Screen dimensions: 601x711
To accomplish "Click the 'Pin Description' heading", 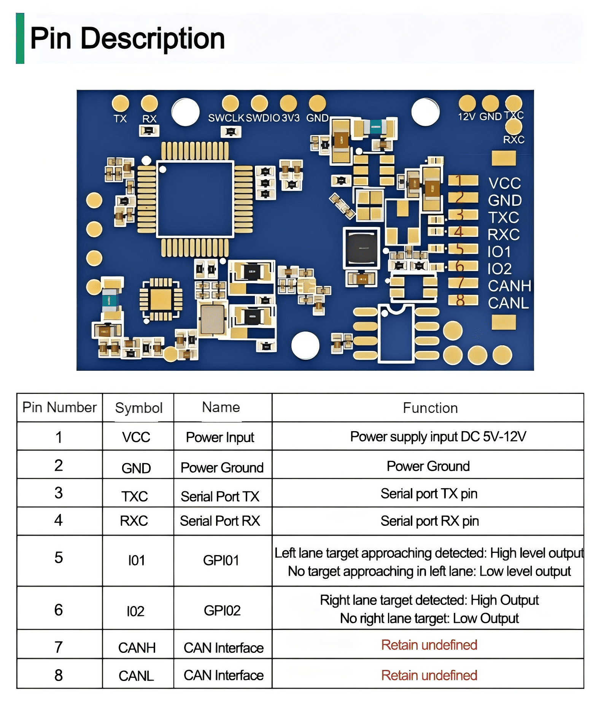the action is pos(127,38).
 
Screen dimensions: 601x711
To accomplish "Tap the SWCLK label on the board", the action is pos(226,118).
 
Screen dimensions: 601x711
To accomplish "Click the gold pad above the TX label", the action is pos(120,103).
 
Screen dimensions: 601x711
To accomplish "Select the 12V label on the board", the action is pos(467,116).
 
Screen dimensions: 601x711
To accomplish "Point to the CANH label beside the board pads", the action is pos(509,286).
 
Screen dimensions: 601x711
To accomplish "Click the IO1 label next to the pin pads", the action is pos(499,252).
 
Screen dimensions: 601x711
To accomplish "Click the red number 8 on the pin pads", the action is pos(460,300).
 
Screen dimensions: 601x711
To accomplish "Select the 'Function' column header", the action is pos(430,408).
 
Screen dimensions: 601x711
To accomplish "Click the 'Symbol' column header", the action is pos(139,408).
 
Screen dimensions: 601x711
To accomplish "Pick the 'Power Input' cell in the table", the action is pos(220,437).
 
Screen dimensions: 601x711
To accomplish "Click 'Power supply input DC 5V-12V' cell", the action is pos(438,436).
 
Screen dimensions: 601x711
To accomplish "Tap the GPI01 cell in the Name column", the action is pos(221,560).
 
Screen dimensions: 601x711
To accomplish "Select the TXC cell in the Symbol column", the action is pos(135,496).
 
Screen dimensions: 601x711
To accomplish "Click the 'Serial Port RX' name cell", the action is pos(220,521).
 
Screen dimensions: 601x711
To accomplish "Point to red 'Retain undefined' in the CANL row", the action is pos(429,675).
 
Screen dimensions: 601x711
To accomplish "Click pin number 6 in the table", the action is pos(59,610).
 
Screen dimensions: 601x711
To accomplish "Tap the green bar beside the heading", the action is pos(20,38).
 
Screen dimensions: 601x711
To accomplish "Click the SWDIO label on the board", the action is pos(263,118).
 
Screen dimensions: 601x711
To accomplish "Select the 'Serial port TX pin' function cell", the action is pos(429,494).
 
